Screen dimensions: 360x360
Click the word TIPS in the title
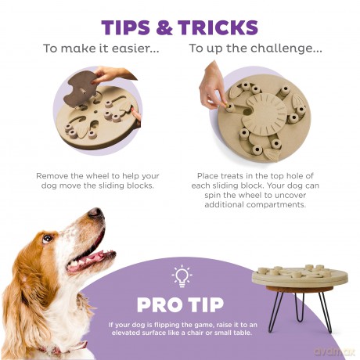[126, 27]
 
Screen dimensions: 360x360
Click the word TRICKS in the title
[218, 27]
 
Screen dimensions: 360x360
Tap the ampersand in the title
[164, 27]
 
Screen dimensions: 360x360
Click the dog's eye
[47, 238]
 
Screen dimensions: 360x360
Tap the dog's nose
[95, 213]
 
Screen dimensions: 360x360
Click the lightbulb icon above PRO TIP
[182, 276]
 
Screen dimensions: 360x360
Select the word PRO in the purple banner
[159, 304]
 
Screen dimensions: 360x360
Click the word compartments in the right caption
[276, 205]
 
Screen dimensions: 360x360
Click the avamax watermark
[334, 351]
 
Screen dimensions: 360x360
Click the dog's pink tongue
[88, 259]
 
